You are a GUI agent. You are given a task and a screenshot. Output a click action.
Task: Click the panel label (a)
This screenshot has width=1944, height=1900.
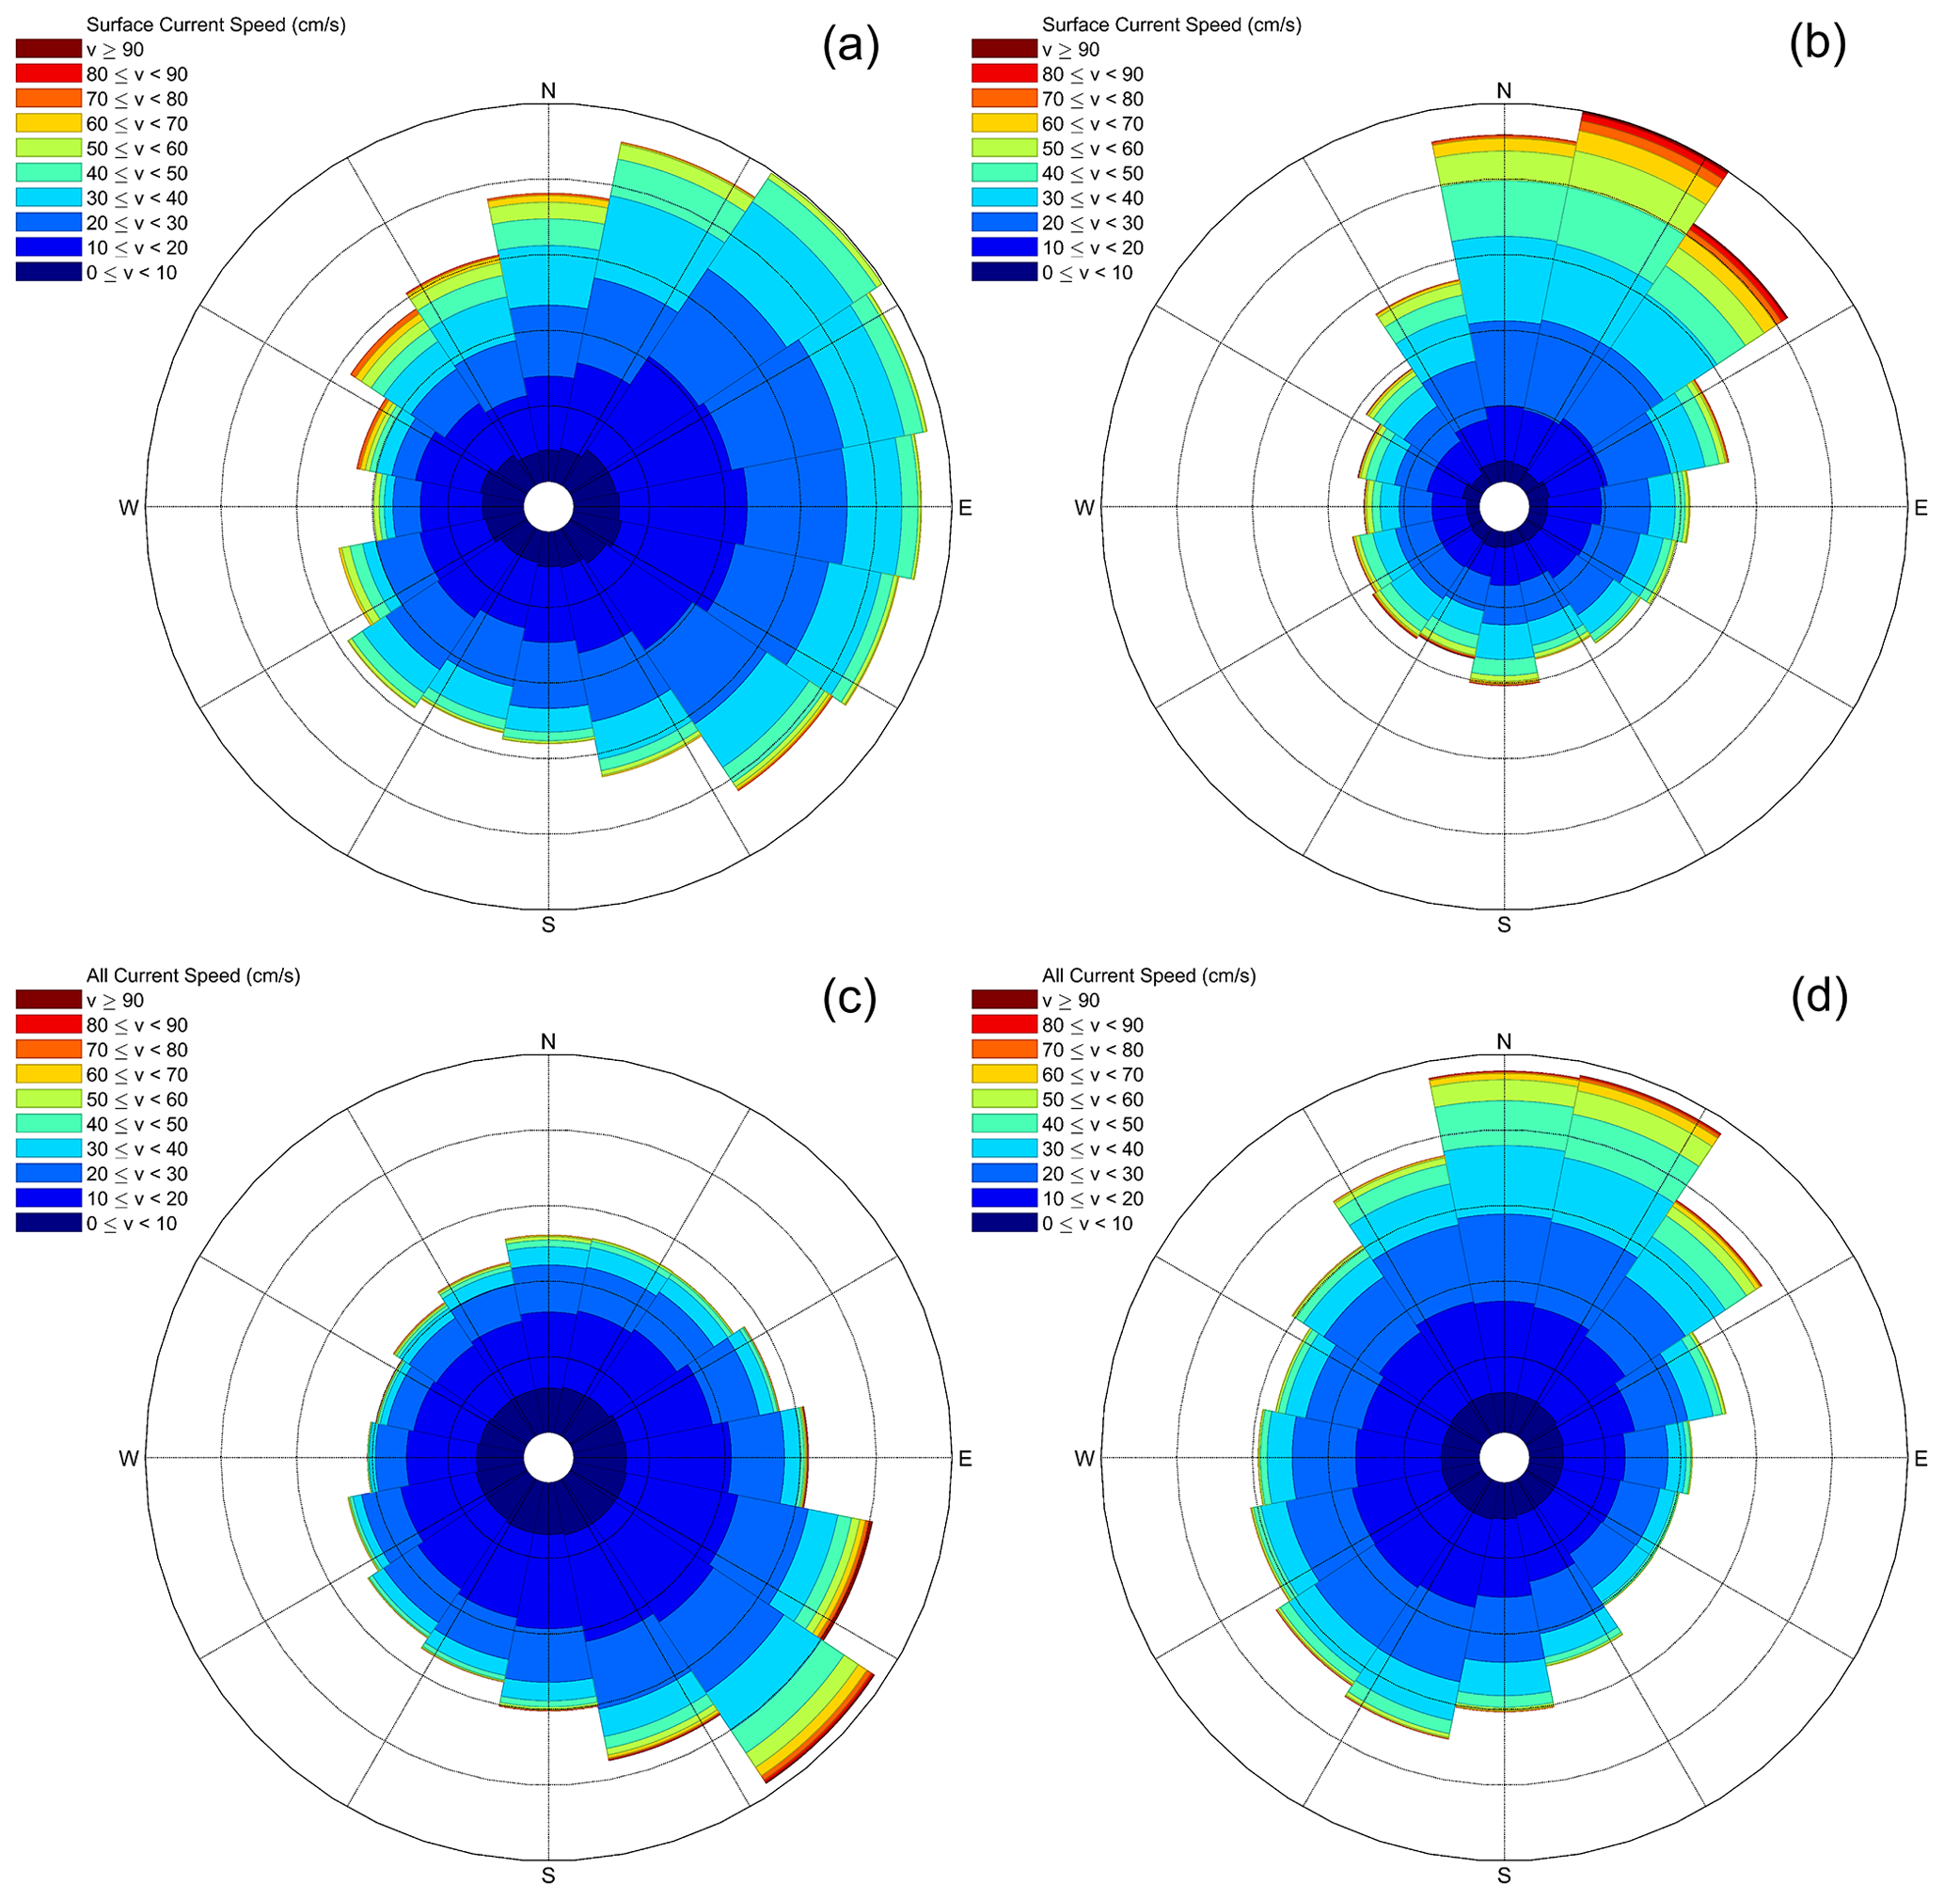850,46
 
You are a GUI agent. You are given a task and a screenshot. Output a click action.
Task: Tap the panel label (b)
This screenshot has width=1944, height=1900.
1817,46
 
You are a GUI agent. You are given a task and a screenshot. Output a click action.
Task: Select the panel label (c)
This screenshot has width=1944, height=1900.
849,997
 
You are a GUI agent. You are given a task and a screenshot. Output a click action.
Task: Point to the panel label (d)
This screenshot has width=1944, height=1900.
1819,997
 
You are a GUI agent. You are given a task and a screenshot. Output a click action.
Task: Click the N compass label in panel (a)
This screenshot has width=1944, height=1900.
548,91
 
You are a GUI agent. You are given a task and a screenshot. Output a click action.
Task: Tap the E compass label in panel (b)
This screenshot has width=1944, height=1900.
1920,508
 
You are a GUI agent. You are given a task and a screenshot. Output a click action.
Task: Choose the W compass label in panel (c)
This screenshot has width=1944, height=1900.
129,1459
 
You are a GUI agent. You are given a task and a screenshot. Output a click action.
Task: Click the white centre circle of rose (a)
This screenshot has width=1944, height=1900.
548,507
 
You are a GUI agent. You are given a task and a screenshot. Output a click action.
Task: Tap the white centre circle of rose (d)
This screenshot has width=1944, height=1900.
1504,1459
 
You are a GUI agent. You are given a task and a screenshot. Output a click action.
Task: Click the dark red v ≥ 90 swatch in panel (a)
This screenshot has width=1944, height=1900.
48,49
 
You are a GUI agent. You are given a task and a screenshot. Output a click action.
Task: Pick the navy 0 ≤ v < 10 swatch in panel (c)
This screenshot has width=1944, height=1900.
48,1224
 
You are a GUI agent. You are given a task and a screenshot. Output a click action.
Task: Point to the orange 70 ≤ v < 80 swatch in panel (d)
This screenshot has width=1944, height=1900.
1004,1050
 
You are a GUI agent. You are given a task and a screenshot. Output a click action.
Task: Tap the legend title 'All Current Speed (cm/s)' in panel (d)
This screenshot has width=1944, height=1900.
1148,976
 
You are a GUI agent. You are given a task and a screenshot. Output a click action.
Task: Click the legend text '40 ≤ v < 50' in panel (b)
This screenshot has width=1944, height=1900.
1093,174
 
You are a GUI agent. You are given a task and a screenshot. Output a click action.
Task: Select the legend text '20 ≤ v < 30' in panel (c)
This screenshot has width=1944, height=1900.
136,1175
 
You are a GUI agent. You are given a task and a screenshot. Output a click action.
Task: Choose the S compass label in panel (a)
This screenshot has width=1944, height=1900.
548,924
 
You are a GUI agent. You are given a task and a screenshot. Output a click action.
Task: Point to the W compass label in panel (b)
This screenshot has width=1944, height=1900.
1084,508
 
